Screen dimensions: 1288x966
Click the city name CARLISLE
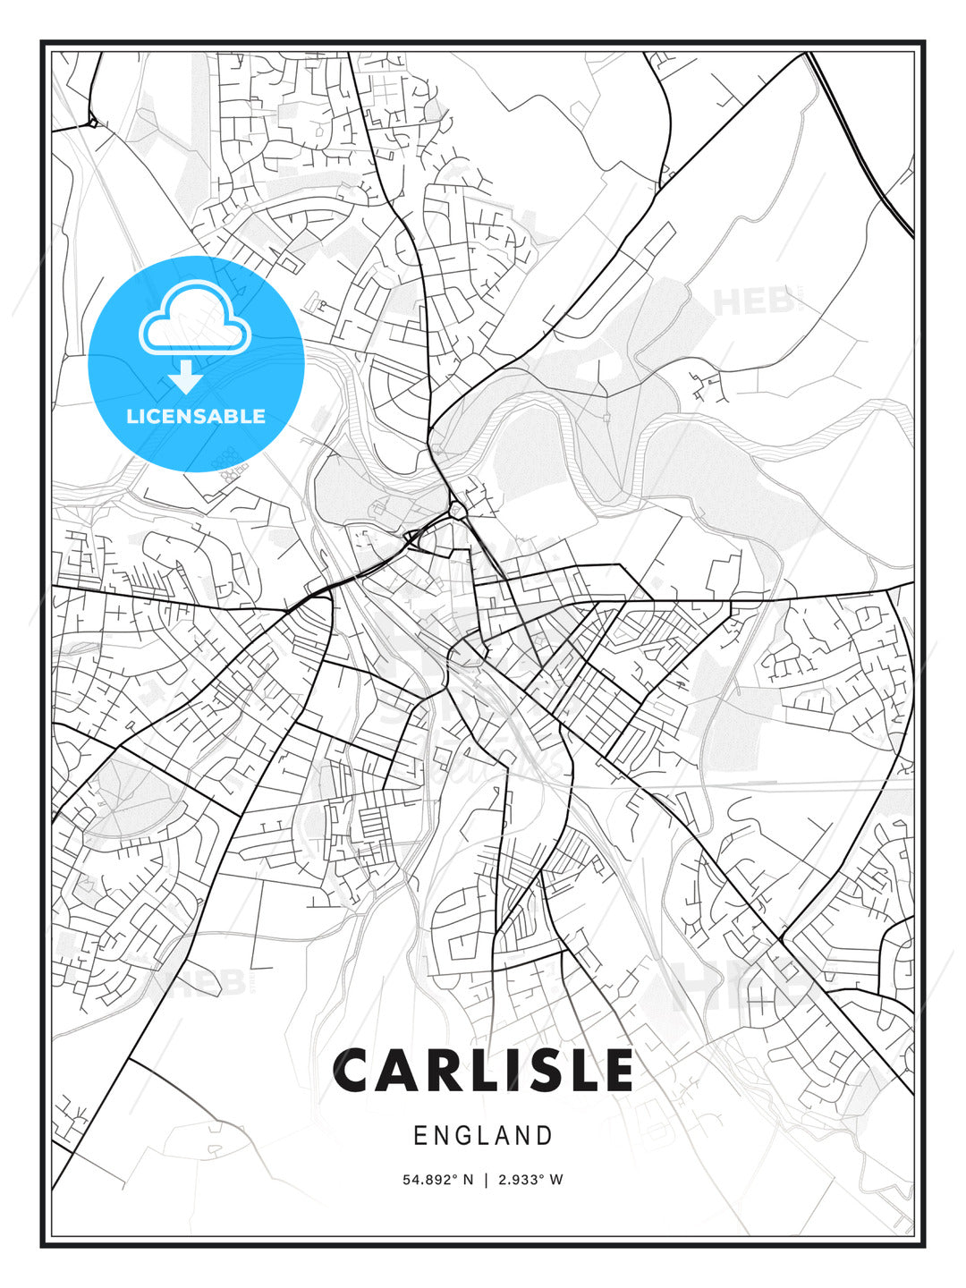[483, 1071]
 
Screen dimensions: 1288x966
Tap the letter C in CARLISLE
[357, 1071]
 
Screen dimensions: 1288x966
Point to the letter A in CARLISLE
[408, 1071]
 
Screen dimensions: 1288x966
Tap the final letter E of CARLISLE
[616, 1071]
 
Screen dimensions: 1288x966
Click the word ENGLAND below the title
[483, 1136]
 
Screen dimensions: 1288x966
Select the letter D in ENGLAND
[545, 1136]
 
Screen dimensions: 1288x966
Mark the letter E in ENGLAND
[420, 1136]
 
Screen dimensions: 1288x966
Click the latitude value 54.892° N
[437, 1180]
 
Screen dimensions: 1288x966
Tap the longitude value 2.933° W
[530, 1180]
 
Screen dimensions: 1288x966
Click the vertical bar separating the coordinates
[485, 1180]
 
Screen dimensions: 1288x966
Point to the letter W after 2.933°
[556, 1180]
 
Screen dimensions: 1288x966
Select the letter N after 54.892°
[467, 1180]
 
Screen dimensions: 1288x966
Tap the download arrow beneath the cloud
[186, 377]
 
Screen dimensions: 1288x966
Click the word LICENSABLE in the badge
[196, 416]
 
